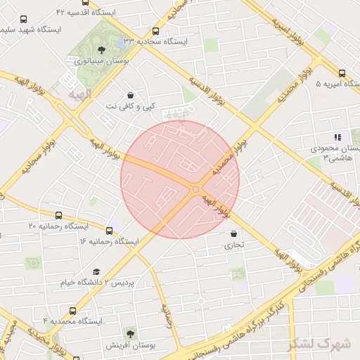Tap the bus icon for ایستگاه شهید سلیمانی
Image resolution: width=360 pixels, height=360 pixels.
pyautogui.click(x=25, y=20)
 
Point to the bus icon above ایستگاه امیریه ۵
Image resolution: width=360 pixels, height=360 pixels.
pyautogui.click(x=342, y=72)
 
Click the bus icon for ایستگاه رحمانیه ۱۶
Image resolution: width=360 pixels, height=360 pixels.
pyautogui.click(x=109, y=230)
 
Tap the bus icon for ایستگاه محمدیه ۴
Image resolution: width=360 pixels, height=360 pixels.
pyautogui.click(x=73, y=310)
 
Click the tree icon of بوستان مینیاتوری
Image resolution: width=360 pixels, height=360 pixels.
pyautogui.click(x=101, y=49)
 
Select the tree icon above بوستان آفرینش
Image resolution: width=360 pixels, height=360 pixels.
pyautogui.click(x=129, y=332)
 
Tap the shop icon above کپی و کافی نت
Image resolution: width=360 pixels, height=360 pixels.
pyautogui.click(x=130, y=95)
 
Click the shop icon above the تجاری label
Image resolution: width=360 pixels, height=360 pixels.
pyautogui.click(x=233, y=233)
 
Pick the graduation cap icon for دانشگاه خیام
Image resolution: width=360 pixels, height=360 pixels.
pyautogui.click(x=96, y=271)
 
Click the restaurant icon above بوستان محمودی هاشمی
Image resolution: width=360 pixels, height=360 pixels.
pyautogui.click(x=337, y=137)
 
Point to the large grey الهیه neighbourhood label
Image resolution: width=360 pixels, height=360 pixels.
pyautogui.click(x=80, y=93)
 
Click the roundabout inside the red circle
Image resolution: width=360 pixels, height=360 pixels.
pyautogui.click(x=196, y=188)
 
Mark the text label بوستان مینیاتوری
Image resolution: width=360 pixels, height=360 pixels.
pyautogui.click(x=98, y=62)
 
